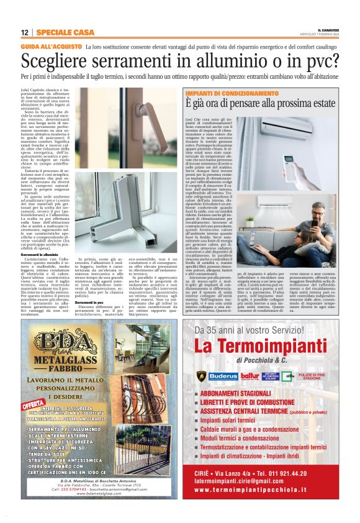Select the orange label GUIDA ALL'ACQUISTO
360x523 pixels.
tap(44, 47)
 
